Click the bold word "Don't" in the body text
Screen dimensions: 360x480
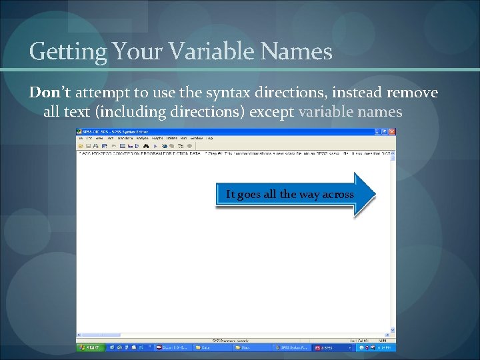pos(49,93)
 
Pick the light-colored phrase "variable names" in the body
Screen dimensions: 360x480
pos(350,111)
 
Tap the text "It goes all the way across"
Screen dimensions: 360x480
pos(290,195)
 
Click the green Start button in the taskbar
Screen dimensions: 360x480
pos(90,347)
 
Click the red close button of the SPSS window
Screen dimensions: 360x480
pos(392,131)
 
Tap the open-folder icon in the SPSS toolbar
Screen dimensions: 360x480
pos(81,145)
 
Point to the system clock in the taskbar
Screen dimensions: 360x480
pos(385,347)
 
